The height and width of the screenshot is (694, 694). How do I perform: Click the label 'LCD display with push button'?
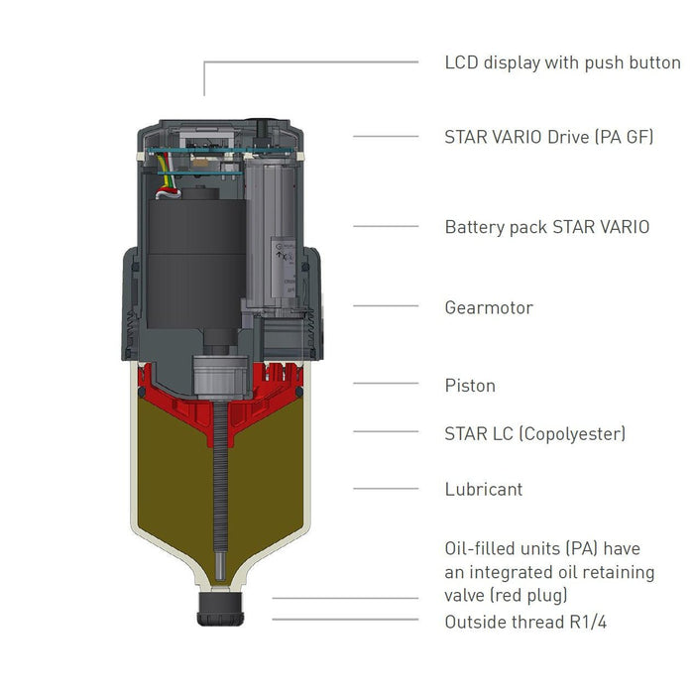pos(562,62)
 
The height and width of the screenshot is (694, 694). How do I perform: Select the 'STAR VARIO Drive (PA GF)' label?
pos(548,137)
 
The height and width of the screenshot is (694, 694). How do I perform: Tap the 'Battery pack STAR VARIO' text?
pos(546,227)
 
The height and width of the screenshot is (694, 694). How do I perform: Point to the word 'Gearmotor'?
pos(489,307)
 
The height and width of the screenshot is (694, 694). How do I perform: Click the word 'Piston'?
pos(470,386)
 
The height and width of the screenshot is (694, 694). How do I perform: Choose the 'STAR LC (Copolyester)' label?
pos(534,433)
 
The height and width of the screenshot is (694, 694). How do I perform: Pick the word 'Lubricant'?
pos(484,489)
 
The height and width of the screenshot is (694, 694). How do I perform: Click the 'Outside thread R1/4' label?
pos(525,622)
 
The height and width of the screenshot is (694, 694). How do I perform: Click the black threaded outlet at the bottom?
pos(221,609)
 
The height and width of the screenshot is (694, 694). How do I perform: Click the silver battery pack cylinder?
pos(276,238)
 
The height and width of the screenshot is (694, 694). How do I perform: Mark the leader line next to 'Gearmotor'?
pos(386,305)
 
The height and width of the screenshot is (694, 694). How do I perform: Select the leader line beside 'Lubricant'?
pos(386,488)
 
